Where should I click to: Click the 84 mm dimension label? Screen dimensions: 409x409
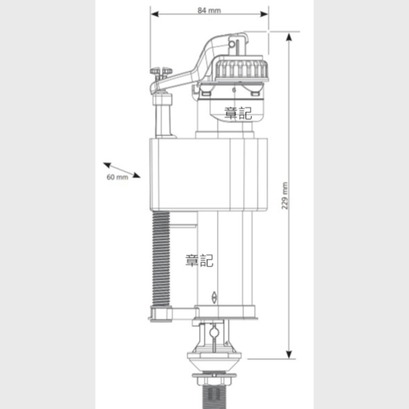(209, 10)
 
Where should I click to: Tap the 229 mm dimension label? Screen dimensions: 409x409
(285, 196)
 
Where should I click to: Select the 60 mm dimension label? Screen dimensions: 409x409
(117, 177)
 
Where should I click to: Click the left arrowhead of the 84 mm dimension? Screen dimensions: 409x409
(154, 14)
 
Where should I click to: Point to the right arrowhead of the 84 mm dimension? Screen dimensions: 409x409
(264, 14)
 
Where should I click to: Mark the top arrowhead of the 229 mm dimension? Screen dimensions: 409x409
(289, 37)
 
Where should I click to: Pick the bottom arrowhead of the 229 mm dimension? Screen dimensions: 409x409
(289, 355)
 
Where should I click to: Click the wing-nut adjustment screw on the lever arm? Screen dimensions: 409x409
(161, 72)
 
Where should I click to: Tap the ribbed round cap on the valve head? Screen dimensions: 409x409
(242, 67)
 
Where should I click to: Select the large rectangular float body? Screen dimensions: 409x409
(209, 174)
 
